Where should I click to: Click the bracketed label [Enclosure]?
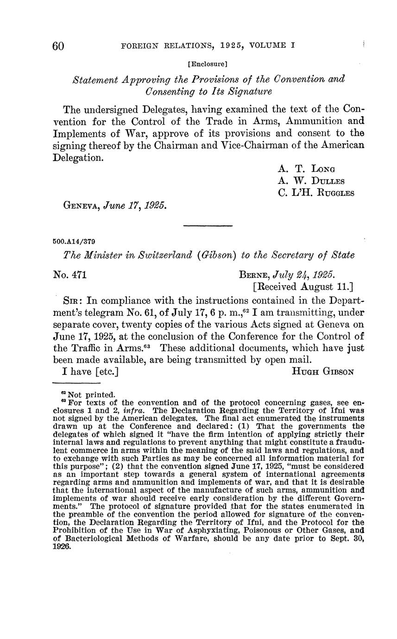tap(208, 63)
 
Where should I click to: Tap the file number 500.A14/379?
tap(75, 241)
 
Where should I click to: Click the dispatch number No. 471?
tap(70, 275)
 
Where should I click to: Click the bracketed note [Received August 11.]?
tap(303, 287)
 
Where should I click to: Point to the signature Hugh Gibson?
tap(323, 370)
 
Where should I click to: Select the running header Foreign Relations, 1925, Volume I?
tap(208, 46)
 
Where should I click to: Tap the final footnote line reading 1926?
tap(62, 547)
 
